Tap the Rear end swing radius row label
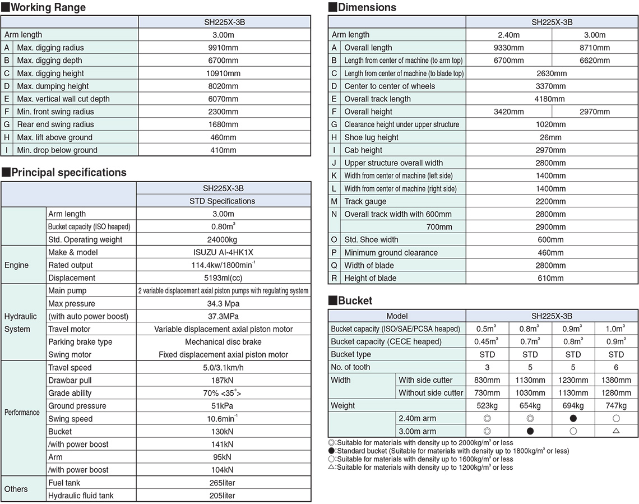[x=55, y=124]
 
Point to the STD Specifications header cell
[x=223, y=201]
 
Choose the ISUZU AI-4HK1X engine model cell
[x=223, y=252]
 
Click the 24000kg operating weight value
[x=223, y=239]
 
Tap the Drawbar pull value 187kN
[x=223, y=381]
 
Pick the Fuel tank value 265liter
[x=223, y=483]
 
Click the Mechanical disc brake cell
[x=223, y=342]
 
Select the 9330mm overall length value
[x=508, y=48]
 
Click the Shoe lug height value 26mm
[x=550, y=137]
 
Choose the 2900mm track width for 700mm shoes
[x=550, y=227]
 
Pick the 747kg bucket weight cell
[x=616, y=406]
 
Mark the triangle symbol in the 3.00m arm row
[x=616, y=431]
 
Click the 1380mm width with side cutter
[x=616, y=380]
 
